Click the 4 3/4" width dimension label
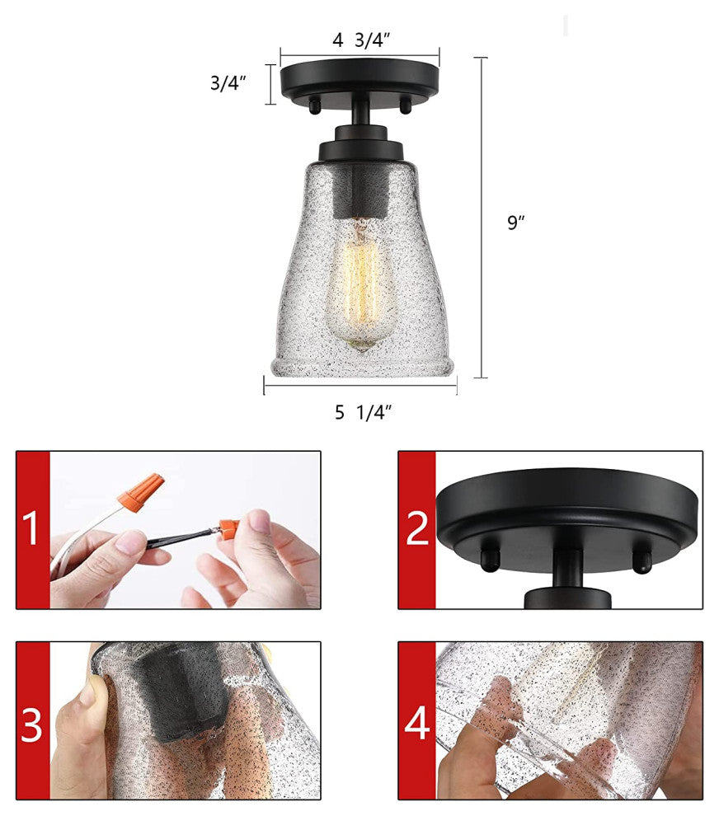361,40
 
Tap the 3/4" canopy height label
228,82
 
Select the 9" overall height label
516,223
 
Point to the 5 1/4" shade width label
363,412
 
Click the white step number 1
31,528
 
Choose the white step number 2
417,528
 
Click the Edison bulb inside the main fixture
360,285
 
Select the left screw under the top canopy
314,106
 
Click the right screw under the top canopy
405,106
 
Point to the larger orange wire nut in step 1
140,492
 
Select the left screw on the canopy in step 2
490,558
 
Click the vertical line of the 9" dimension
481,218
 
